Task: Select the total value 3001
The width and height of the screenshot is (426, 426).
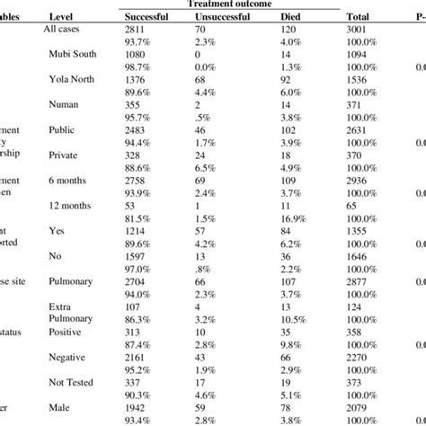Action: click(360, 30)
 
